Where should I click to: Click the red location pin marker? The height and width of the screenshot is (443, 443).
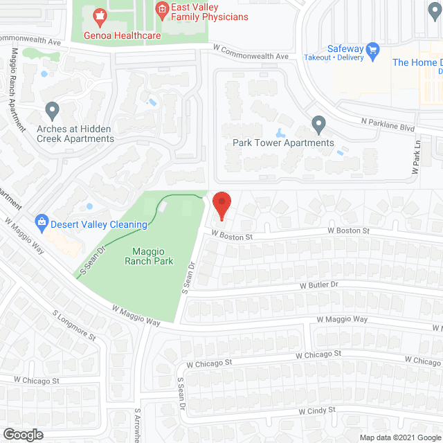221,205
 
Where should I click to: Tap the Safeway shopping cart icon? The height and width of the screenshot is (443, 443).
374,50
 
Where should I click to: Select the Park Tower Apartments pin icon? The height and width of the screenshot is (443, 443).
318,125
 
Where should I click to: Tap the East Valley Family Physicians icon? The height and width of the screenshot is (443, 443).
162,9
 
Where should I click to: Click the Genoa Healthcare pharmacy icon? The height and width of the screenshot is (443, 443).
100,16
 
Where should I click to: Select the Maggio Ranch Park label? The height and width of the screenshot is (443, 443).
149,256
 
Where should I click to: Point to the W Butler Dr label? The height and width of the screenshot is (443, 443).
318,284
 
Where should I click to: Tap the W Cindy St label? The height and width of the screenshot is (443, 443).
318,410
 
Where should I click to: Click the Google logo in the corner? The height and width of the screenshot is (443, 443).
23,434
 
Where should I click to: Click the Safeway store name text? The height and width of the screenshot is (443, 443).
345,48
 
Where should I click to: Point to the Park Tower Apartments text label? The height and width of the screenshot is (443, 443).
283,143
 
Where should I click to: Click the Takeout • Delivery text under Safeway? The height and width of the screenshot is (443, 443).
334,58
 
